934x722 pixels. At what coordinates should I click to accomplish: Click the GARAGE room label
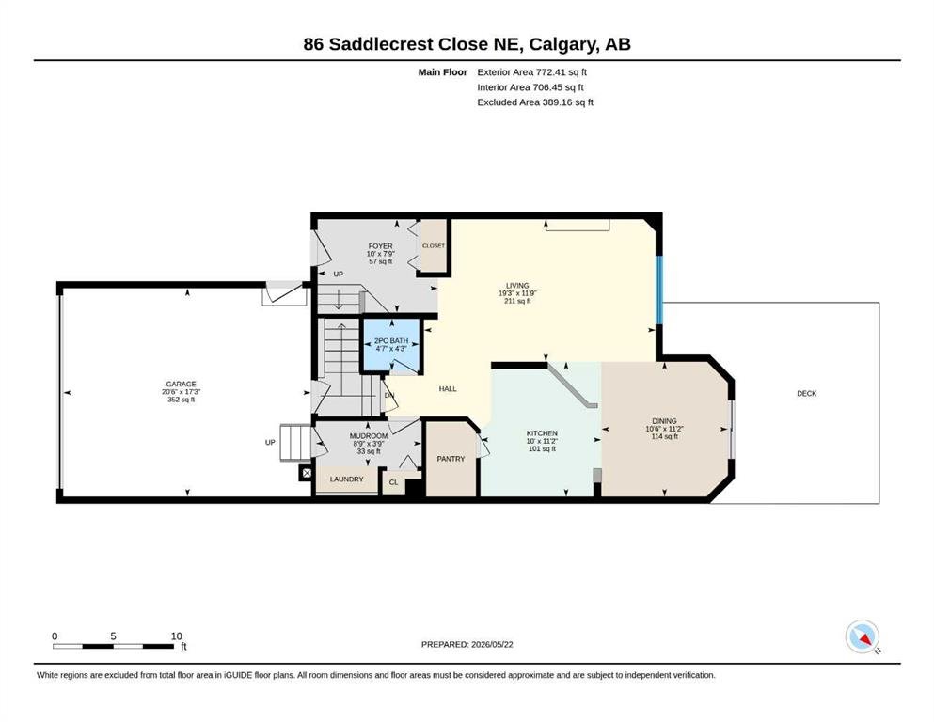coord(181,385)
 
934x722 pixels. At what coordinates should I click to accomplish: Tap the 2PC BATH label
coord(391,341)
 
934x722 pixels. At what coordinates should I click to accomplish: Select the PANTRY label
coord(451,459)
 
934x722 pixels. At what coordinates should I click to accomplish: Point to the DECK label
coord(806,394)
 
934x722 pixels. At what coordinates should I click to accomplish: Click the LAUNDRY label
coord(347,479)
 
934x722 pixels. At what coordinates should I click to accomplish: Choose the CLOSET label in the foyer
coord(433,245)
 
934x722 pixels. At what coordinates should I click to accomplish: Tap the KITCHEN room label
coord(542,433)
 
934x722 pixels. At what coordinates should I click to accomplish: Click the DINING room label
coord(664,421)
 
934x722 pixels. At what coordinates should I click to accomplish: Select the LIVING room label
coord(517,286)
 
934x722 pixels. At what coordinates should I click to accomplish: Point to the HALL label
coord(448,388)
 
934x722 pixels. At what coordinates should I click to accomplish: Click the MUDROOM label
coord(369,436)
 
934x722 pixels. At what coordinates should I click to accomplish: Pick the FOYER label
coord(381,245)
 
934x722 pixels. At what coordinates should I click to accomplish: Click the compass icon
coord(863,636)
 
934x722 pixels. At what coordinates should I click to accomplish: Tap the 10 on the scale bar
coord(176,636)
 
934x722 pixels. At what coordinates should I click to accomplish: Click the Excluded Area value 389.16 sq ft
coord(568,102)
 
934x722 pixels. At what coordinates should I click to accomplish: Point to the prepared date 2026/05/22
coord(492,644)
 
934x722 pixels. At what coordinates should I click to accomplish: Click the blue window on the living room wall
coord(659,290)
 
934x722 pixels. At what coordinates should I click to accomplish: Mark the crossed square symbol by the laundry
coord(307,473)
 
